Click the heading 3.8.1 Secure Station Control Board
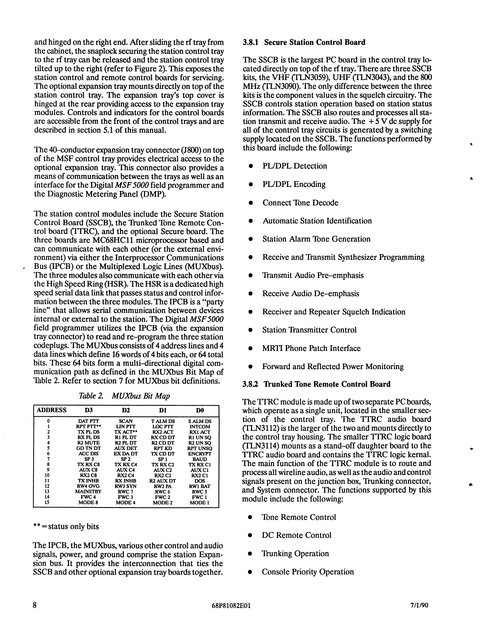304,42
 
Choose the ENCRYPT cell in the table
200,454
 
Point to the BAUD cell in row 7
200,459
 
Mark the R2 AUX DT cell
163,481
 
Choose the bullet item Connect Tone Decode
300,203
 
